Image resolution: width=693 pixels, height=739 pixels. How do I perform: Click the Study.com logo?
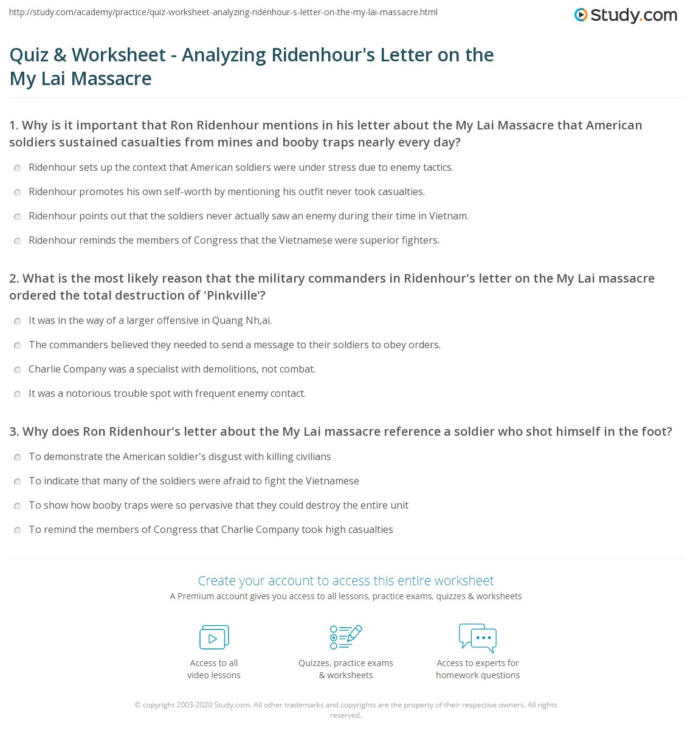coord(626,15)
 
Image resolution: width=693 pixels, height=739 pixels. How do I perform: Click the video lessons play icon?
coord(214,638)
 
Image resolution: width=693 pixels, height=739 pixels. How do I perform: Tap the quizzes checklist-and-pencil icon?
coord(346,637)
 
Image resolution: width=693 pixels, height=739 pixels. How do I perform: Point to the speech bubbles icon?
coord(478,638)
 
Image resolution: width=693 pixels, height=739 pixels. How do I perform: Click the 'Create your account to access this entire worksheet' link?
coord(346,580)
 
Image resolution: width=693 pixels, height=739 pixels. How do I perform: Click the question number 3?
coord(14,431)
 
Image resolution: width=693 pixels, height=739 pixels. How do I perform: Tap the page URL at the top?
coord(223,12)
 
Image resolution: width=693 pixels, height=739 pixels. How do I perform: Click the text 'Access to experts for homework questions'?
coord(478,669)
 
